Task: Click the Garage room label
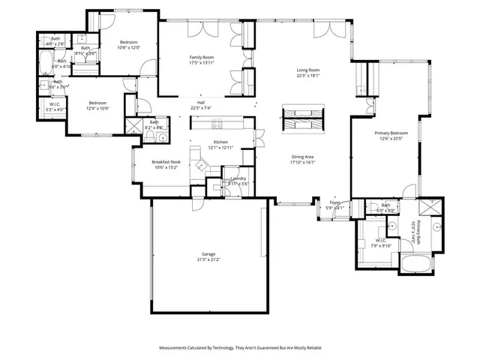208,257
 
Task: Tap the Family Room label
201,59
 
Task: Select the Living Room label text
307,73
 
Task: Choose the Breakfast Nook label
166,164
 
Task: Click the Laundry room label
239,181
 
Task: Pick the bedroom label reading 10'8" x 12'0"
128,44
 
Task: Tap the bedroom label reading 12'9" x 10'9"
97,106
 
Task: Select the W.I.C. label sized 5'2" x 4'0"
56,107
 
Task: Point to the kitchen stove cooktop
217,124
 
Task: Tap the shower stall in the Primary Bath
428,208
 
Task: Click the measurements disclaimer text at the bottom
239,348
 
